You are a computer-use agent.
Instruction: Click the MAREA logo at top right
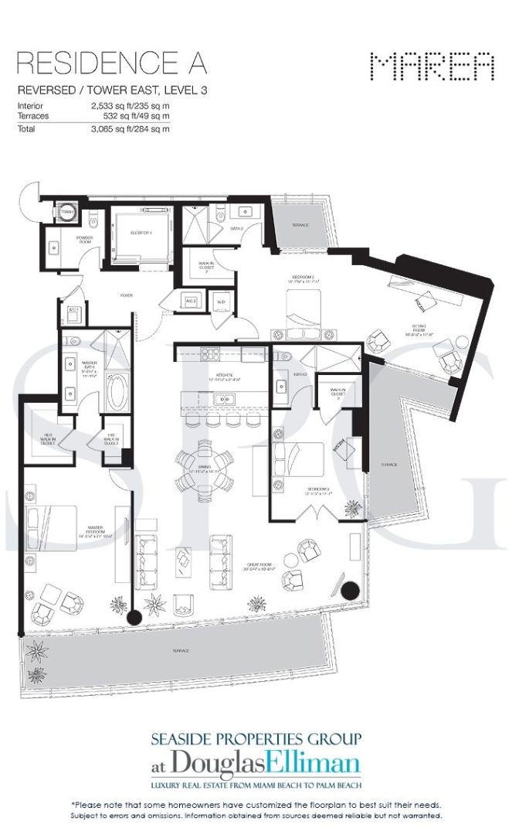(x=432, y=68)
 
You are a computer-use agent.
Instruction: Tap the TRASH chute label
(x=66, y=211)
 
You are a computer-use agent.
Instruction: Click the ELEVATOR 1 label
(x=141, y=232)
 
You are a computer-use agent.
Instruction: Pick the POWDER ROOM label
(x=84, y=240)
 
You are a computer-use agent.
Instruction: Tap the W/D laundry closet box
(x=221, y=302)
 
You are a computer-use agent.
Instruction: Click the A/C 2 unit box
(x=191, y=302)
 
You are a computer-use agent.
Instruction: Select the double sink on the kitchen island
(x=222, y=400)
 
